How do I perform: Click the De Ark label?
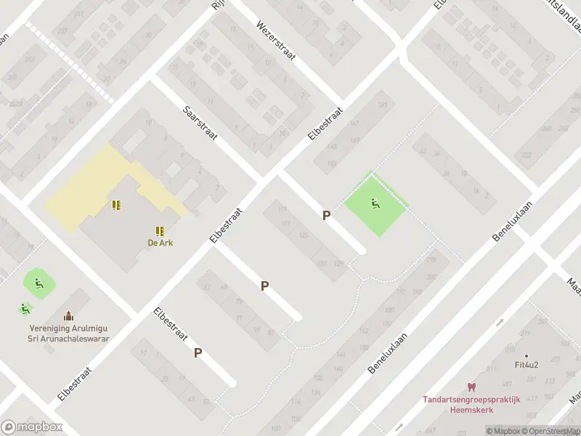coord(159,243)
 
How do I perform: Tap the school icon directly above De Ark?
coord(159,230)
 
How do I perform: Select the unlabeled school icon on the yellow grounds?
coord(116,206)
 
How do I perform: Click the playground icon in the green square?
coord(375,204)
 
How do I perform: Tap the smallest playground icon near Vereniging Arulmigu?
coord(25,309)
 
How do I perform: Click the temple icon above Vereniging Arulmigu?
coord(68,315)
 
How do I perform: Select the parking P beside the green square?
coord(327,215)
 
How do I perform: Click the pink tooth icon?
coord(471,388)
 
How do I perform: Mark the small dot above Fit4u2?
coord(527,355)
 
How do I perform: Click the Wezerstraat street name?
coord(275,41)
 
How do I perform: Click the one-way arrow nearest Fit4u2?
coord(499,322)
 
